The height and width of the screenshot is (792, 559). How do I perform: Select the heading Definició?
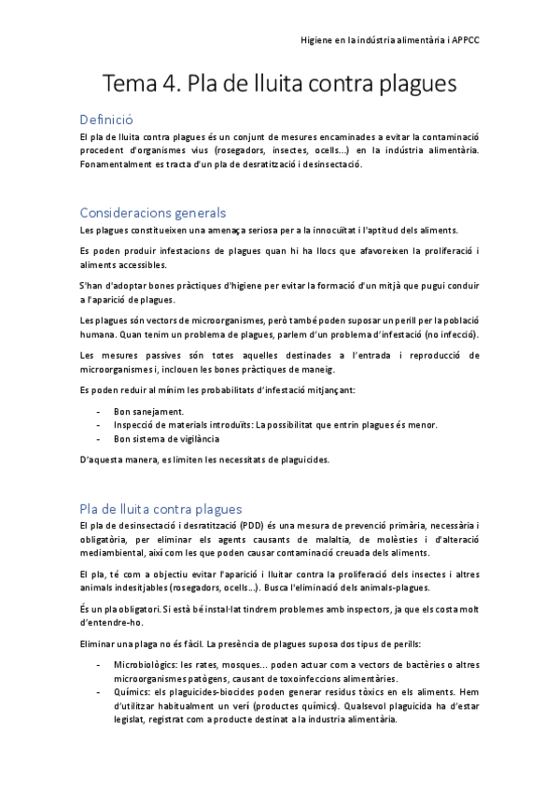(106, 120)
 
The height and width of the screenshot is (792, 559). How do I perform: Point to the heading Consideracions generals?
(153, 212)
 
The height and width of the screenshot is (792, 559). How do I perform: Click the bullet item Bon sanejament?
(148, 411)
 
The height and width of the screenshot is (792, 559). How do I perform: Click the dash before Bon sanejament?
(99, 411)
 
